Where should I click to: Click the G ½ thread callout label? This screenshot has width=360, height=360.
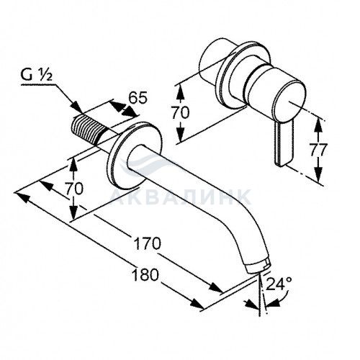click(36, 75)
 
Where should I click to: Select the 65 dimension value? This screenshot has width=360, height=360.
click(138, 98)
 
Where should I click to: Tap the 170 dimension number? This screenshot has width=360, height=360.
click(147, 243)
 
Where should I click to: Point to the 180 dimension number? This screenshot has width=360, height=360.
click(145, 274)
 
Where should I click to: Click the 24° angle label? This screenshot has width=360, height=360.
click(279, 284)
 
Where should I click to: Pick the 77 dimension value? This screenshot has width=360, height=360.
click(318, 150)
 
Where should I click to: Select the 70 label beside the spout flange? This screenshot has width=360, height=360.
click(74, 189)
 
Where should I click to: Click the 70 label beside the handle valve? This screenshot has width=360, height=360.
click(180, 112)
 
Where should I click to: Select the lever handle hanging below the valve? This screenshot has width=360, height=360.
click(284, 143)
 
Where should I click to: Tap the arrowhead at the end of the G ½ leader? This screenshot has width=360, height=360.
click(77, 107)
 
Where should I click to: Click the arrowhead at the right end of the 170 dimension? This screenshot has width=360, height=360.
click(215, 287)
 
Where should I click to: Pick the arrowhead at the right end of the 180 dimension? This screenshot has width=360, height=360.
click(197, 303)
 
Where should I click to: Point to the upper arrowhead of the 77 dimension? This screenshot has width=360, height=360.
click(318, 125)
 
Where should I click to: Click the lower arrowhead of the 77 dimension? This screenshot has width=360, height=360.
click(318, 175)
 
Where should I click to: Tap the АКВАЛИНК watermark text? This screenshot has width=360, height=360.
click(181, 197)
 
